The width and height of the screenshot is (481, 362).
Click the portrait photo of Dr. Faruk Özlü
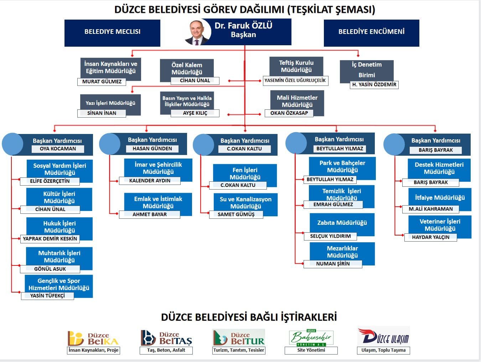click(197, 32)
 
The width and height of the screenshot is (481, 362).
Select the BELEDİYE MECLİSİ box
click(112, 33)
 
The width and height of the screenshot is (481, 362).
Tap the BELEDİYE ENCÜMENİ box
click(371, 33)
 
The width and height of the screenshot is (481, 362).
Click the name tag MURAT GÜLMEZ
click(102, 82)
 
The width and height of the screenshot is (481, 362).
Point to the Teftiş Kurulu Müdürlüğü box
click(296, 66)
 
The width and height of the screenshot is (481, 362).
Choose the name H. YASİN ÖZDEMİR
click(374, 84)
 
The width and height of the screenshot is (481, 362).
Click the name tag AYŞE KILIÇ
click(195, 113)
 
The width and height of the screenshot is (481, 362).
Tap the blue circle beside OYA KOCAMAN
click(12, 144)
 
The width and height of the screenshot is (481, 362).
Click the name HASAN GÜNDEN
click(152, 149)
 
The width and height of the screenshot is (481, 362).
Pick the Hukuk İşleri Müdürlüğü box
click(60, 227)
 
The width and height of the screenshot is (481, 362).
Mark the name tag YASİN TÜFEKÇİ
click(47, 296)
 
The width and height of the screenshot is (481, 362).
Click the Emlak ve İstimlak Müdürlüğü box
click(158, 202)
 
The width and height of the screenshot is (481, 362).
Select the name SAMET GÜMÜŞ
click(236, 214)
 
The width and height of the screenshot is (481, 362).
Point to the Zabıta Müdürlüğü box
click(342, 223)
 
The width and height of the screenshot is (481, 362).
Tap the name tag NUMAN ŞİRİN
click(333, 264)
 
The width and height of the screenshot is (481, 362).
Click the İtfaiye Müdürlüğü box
click(440, 198)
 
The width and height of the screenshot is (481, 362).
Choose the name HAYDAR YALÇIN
click(430, 237)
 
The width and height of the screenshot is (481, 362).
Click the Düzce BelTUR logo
click(239, 338)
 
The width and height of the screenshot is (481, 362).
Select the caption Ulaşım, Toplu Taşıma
click(383, 350)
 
